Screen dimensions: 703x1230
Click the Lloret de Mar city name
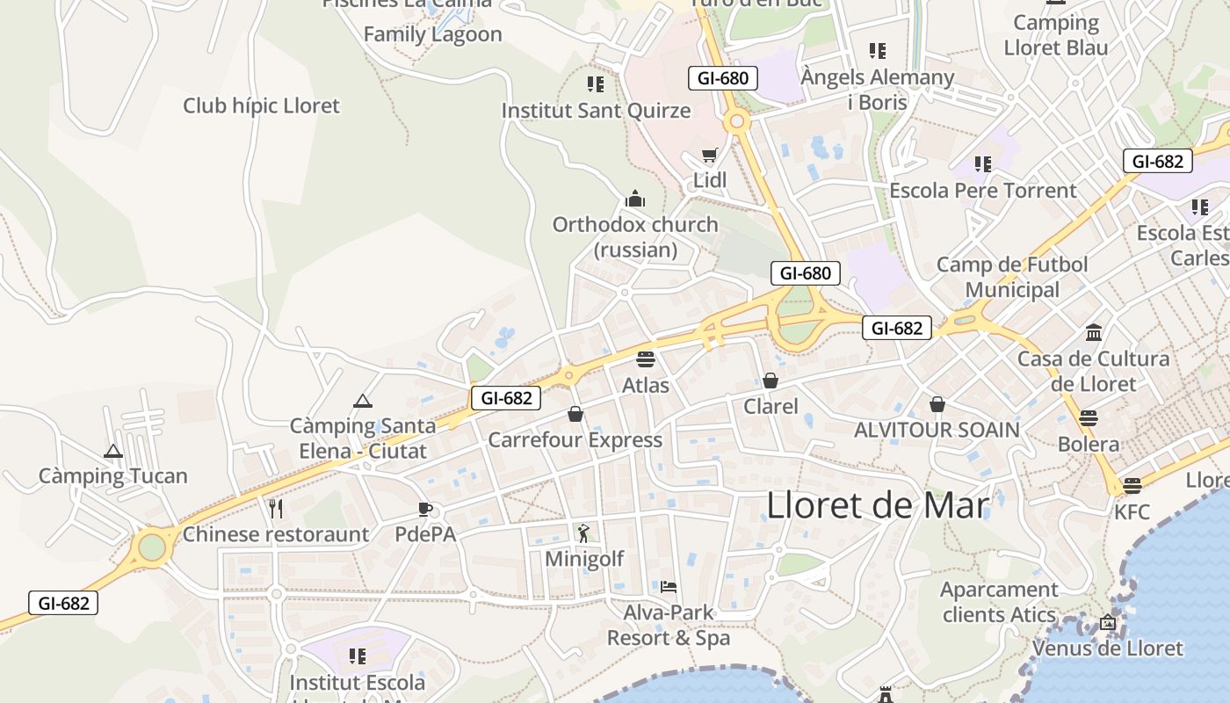[x=878, y=506]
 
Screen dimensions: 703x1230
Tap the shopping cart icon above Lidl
[x=709, y=156]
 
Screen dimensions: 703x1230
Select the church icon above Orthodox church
[x=634, y=199]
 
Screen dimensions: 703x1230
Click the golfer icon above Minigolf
[x=583, y=533]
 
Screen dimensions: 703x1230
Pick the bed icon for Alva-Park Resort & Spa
[x=669, y=586]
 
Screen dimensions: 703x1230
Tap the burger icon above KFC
[x=1132, y=485]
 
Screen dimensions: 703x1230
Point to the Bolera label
[x=1089, y=444]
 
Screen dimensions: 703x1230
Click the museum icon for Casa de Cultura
[x=1094, y=333]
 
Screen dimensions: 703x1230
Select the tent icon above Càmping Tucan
[x=112, y=452]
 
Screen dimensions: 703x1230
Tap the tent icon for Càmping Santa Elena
[x=362, y=401]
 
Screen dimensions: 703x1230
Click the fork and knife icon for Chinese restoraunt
[x=275, y=508]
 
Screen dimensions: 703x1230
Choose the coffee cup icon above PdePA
[x=425, y=509]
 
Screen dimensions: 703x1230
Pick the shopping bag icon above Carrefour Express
[x=575, y=414]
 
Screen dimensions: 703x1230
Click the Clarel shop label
[x=771, y=406]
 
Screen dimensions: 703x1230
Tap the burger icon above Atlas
[x=646, y=359]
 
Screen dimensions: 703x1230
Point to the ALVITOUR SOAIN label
[x=937, y=430]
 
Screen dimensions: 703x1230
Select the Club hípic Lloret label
[x=261, y=106]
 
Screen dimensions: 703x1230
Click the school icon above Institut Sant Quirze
[x=596, y=84]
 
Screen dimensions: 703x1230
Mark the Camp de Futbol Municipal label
[x=1012, y=277]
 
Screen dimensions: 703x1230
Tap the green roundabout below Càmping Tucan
[x=152, y=547]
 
